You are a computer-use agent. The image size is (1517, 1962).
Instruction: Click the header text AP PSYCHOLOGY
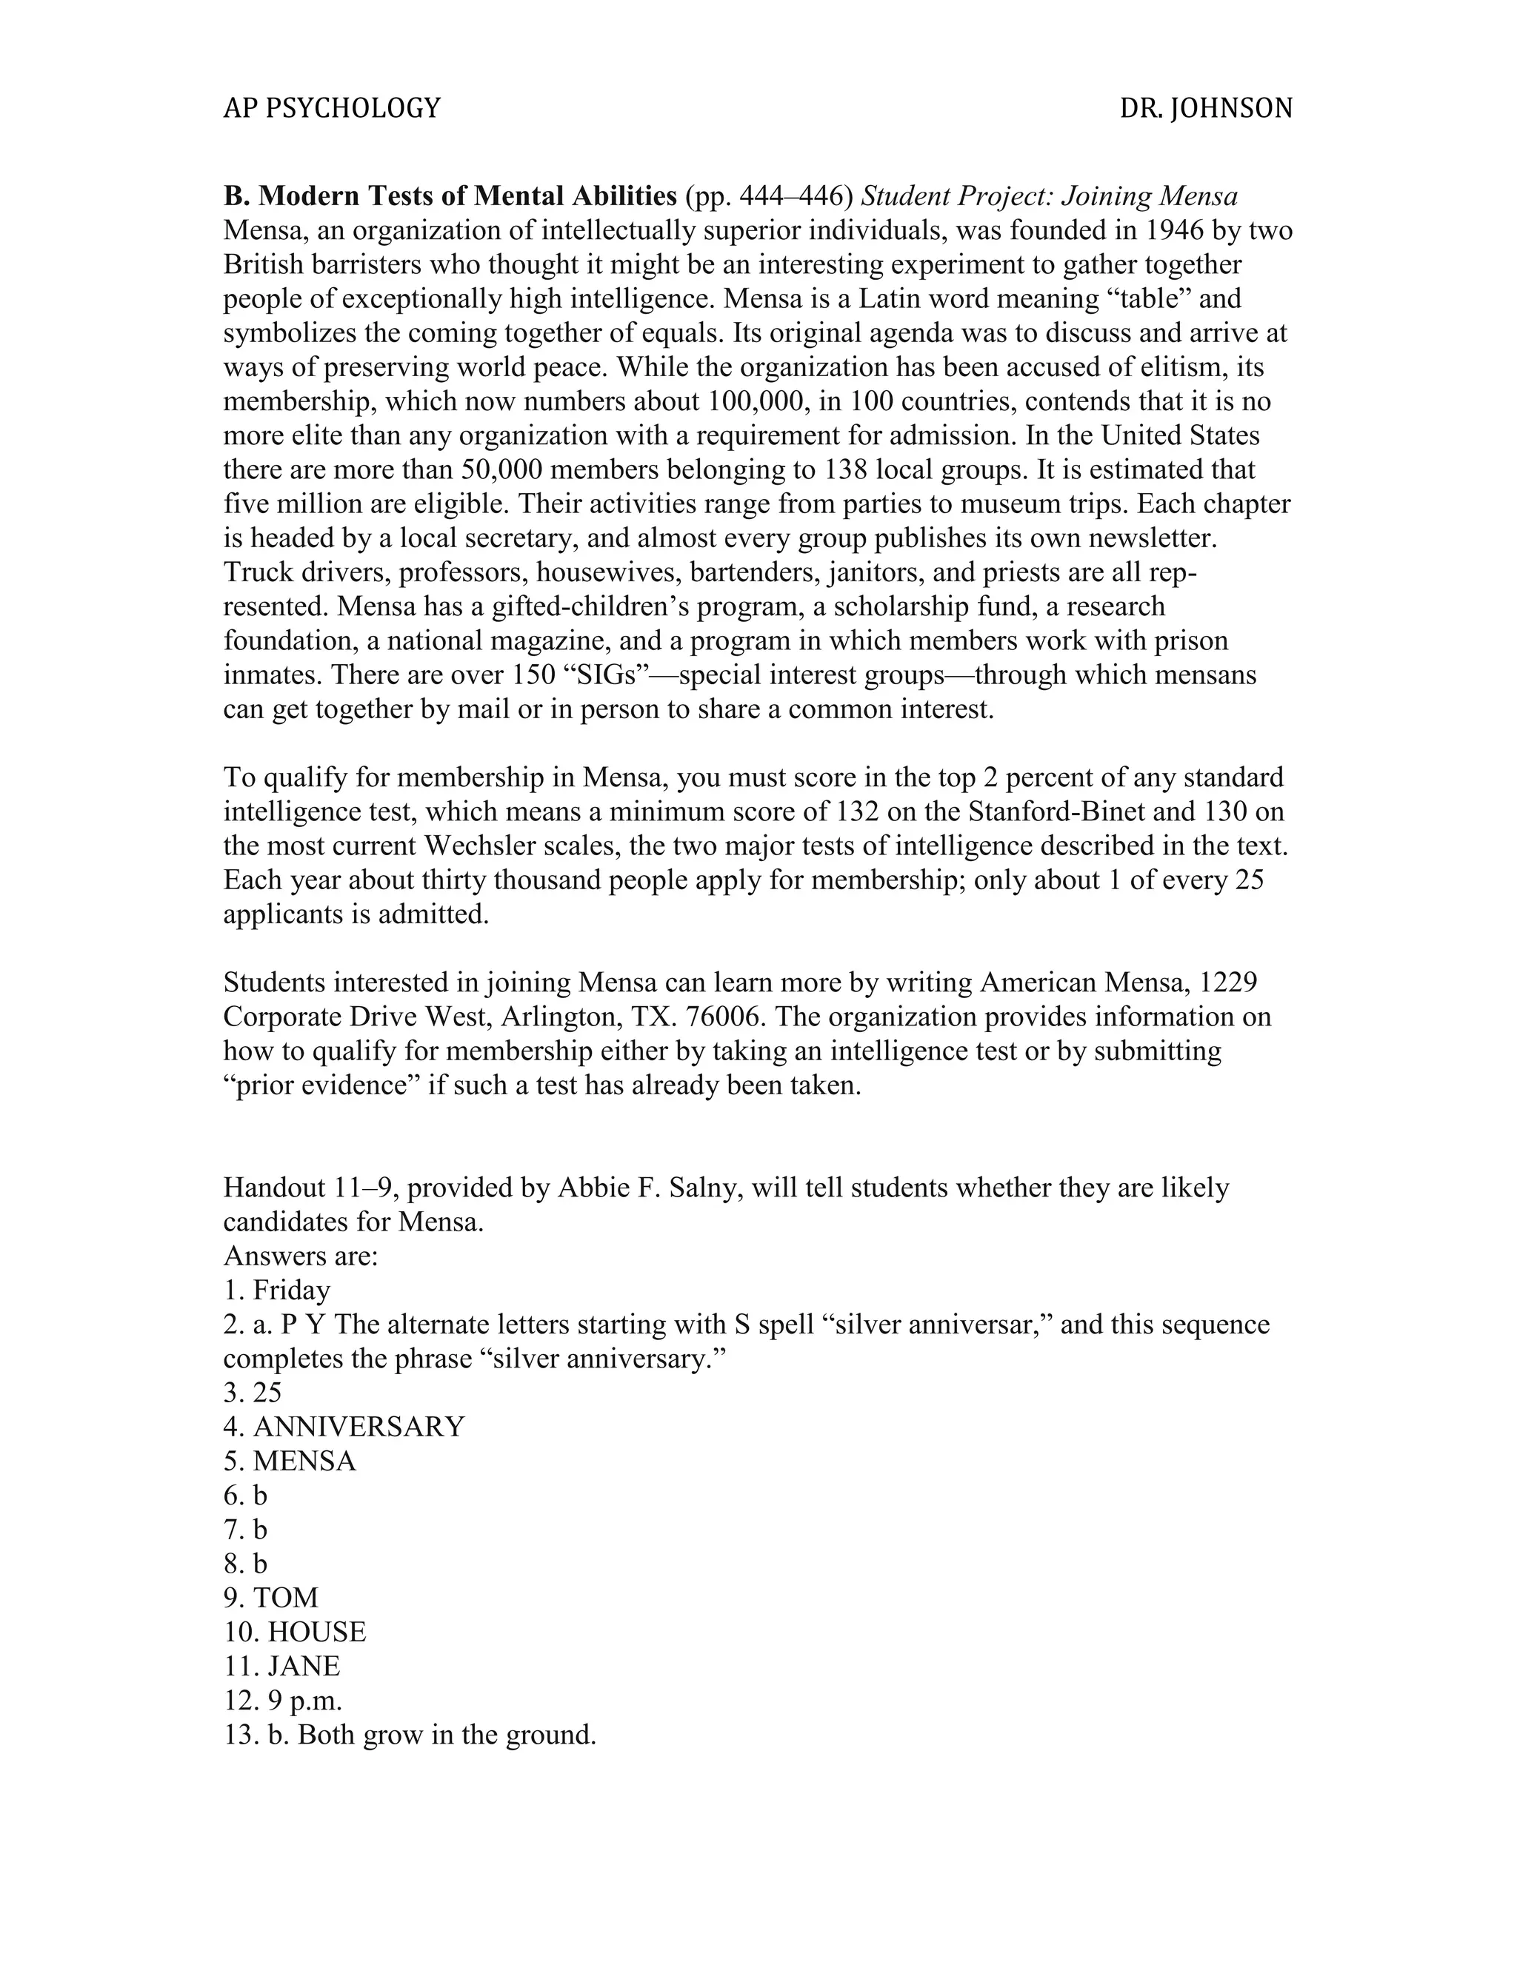pos(332,109)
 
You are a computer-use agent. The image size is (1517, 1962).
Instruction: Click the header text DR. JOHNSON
pos(1205,109)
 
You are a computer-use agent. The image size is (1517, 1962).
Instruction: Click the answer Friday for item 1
pos(291,1290)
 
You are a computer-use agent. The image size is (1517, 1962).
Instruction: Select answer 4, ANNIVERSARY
pos(359,1427)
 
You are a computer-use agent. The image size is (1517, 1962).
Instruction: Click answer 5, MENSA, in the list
pos(304,1461)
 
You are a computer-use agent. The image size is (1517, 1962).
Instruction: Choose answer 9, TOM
pos(285,1597)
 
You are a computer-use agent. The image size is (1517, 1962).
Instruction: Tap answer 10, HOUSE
pos(316,1631)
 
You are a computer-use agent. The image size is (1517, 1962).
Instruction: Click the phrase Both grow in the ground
pos(447,1734)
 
